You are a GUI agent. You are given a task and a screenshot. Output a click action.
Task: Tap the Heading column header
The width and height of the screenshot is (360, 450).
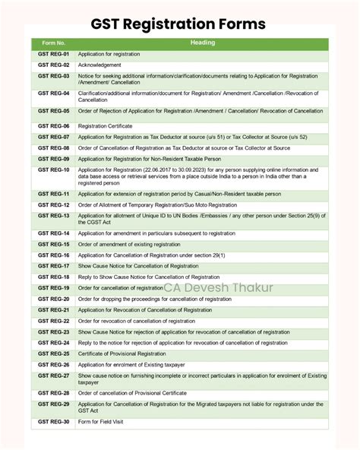[x=201, y=43]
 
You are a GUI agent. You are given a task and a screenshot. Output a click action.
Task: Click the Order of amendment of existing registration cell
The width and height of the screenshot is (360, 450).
[x=130, y=244]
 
